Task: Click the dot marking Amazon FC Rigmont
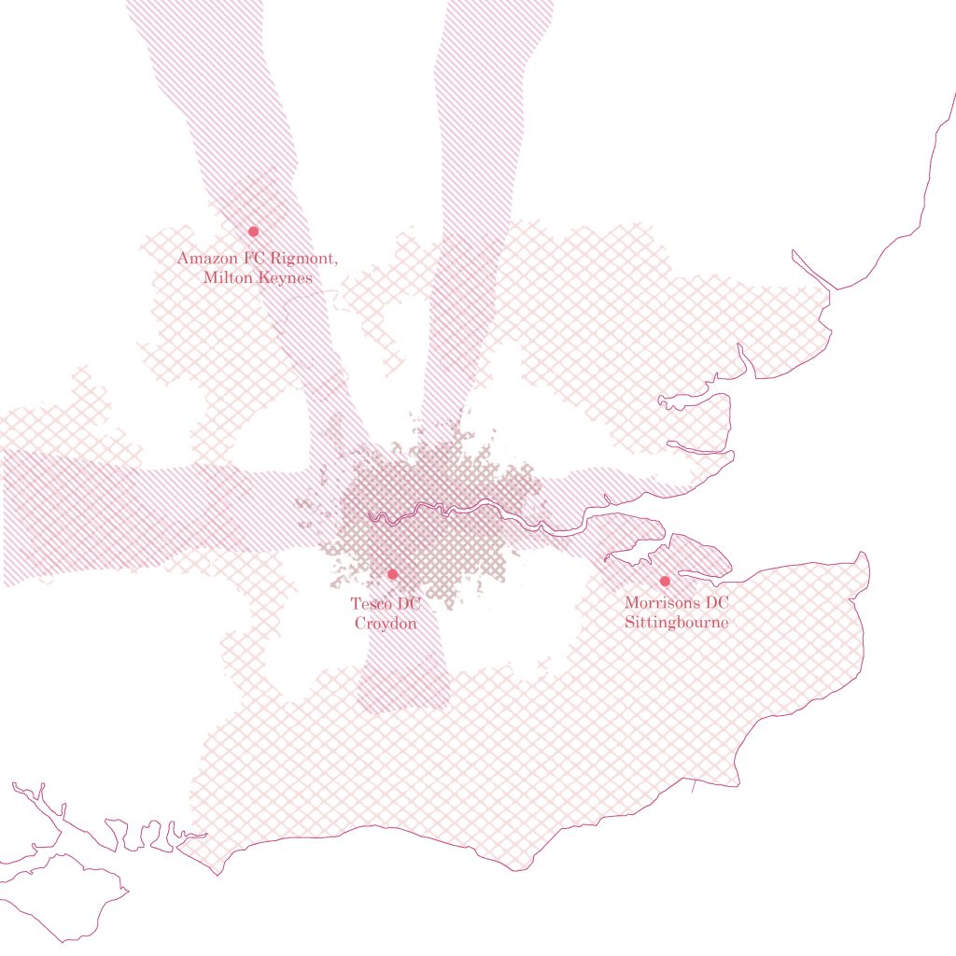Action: pyautogui.click(x=253, y=232)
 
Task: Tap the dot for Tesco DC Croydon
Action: pyautogui.click(x=392, y=574)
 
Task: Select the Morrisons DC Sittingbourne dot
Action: pyautogui.click(x=665, y=582)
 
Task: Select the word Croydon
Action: pyautogui.click(x=385, y=623)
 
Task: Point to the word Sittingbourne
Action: pyautogui.click(x=676, y=622)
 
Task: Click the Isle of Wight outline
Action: pyautogui.click(x=65, y=896)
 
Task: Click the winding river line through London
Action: pyautogui.click(x=439, y=512)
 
